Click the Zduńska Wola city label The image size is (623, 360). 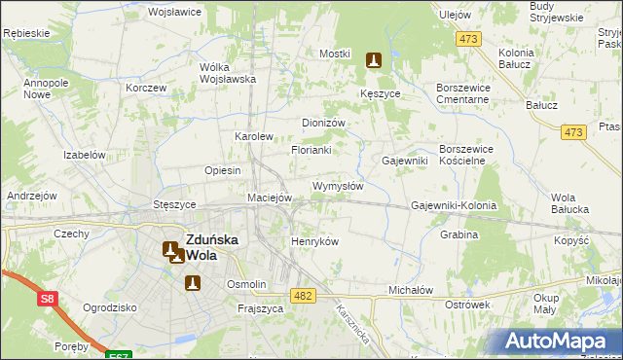(x=215, y=247)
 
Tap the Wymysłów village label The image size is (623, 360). (x=338, y=186)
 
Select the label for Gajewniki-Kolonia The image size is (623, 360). (x=454, y=206)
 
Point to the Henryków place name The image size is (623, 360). (x=314, y=241)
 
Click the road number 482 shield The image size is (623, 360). (x=303, y=295)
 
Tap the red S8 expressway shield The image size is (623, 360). (x=47, y=300)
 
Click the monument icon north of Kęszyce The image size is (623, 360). (x=373, y=61)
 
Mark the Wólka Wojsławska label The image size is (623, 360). (x=227, y=73)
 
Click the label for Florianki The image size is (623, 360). (x=311, y=151)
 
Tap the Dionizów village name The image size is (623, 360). (x=324, y=124)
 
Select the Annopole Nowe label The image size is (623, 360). (x=45, y=90)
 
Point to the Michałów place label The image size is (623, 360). (x=410, y=290)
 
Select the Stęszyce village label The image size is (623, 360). (x=175, y=205)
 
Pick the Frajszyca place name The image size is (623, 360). (x=260, y=308)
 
